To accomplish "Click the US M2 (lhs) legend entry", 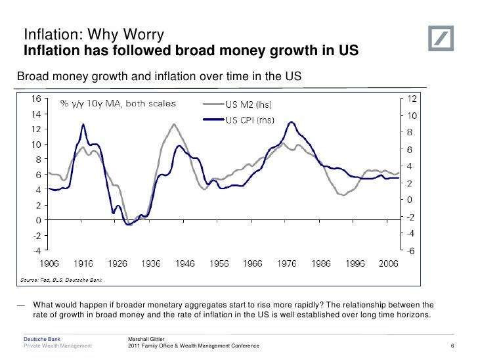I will (250, 104).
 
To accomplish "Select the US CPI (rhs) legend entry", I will (250, 120).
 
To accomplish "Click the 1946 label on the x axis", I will (185, 263).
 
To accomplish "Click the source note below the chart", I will (60, 280).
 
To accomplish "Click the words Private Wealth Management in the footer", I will (58, 346).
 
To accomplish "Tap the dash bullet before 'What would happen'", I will (22, 305).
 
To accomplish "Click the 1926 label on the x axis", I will (117, 263).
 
